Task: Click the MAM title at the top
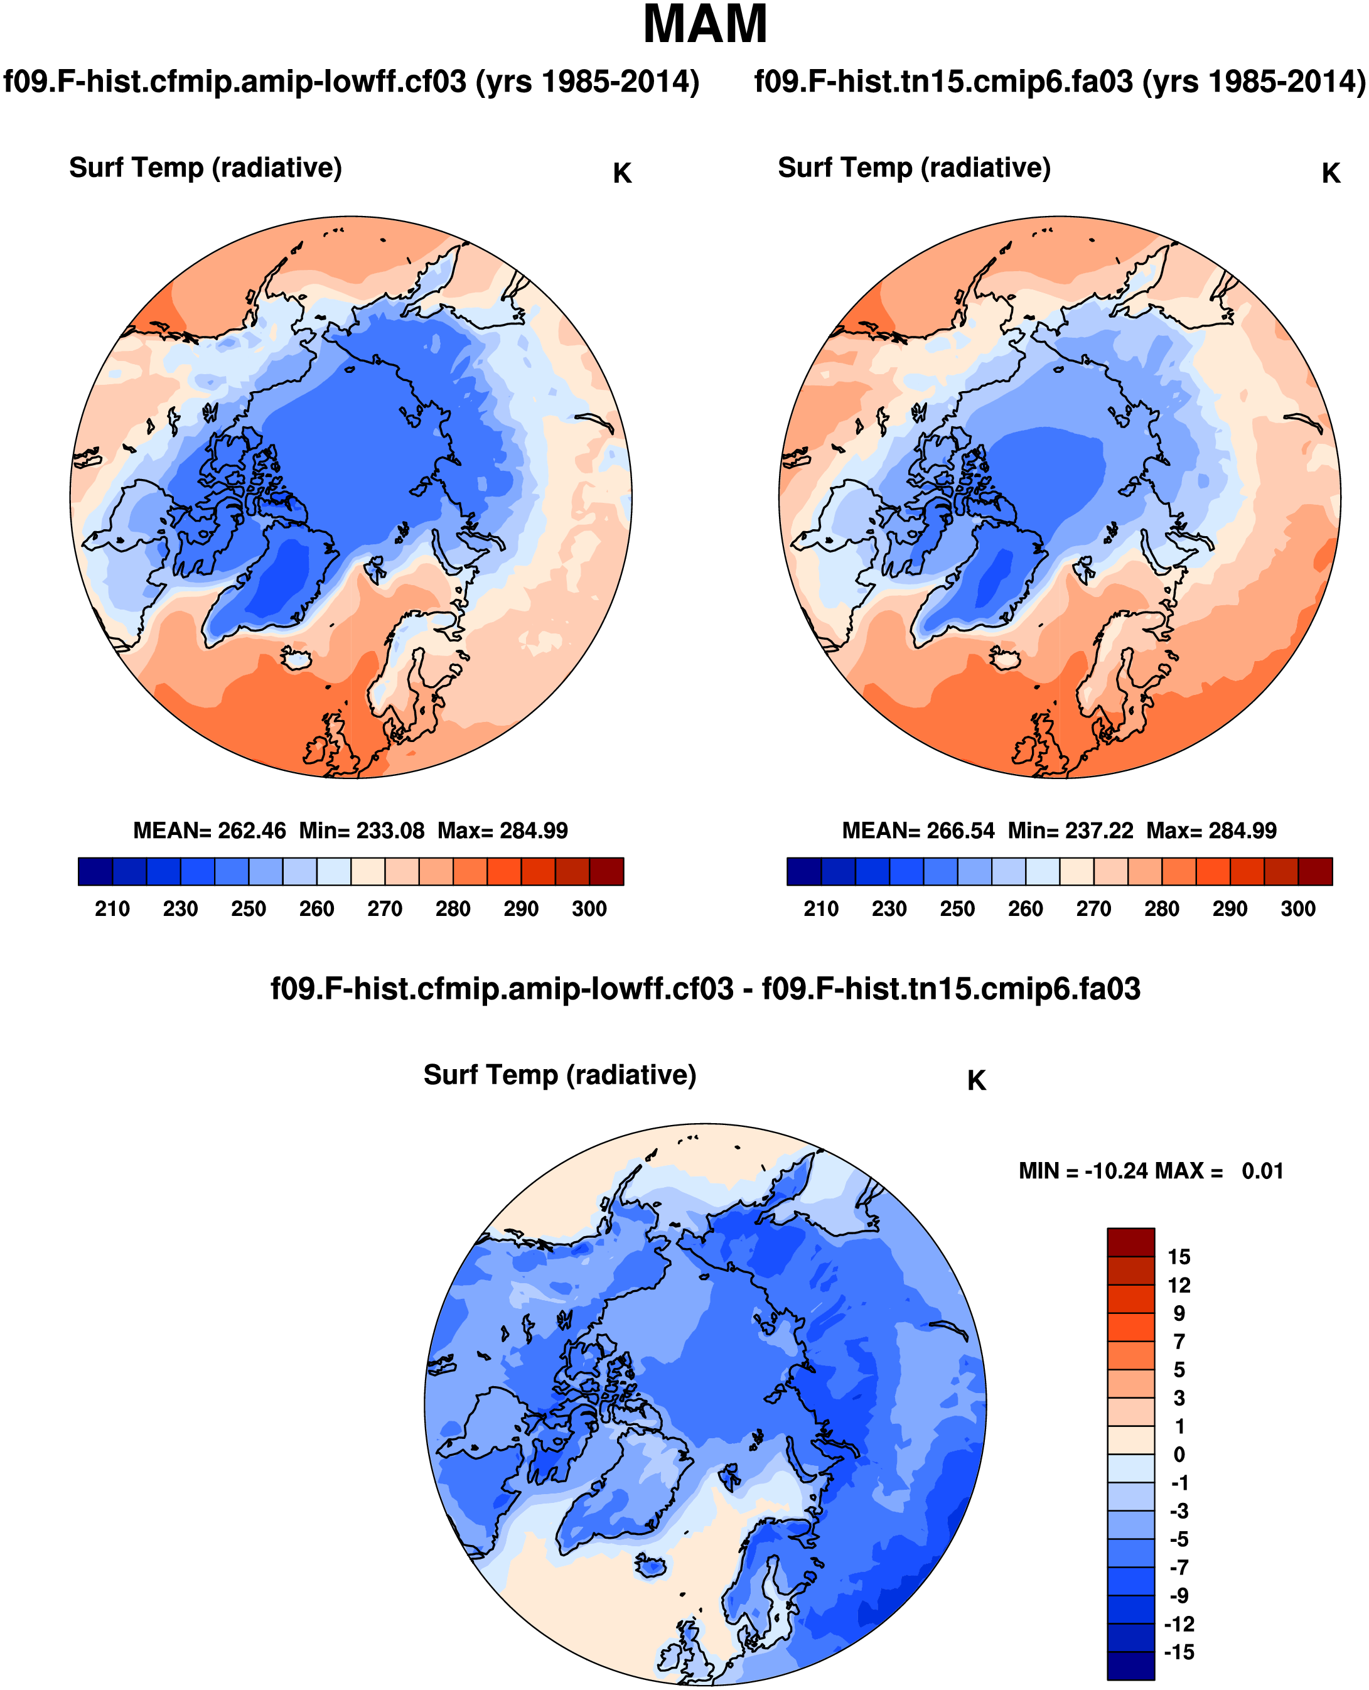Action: [x=704, y=25]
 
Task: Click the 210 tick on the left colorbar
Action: [x=112, y=909]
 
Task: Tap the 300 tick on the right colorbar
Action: [x=1298, y=909]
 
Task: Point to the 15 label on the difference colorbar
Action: [x=1179, y=1257]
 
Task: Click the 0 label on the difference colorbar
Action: [x=1179, y=1454]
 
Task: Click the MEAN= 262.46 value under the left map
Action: [x=210, y=831]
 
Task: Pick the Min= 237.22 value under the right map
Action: [x=1071, y=831]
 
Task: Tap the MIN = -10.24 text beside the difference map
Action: [x=1083, y=1171]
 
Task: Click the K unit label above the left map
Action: [x=622, y=173]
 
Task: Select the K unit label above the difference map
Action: [x=976, y=1081]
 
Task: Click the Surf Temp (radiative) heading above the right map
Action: [x=914, y=168]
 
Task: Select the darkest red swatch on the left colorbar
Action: [x=606, y=871]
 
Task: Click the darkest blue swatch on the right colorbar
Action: [x=803, y=871]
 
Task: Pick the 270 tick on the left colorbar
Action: [x=385, y=909]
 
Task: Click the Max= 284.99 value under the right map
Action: [x=1211, y=831]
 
